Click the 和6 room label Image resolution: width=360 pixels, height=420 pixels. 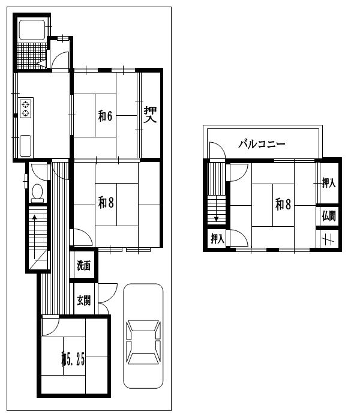105,116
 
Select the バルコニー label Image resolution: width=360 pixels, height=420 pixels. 262,144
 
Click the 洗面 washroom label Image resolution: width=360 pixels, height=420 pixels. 83,265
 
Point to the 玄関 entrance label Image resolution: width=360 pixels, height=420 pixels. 84,300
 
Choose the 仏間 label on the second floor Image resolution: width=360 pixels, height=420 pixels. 329,215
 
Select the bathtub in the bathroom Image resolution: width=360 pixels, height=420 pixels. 32,30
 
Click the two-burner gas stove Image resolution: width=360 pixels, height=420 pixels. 25,109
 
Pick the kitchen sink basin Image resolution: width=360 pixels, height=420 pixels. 25,145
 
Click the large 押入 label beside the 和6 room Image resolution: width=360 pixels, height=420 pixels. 150,115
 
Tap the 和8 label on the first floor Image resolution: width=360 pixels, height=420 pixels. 106,203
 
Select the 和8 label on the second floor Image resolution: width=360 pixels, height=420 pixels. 283,205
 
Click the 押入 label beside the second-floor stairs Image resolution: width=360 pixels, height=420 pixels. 217,238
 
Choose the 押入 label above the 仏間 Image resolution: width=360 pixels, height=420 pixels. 329,183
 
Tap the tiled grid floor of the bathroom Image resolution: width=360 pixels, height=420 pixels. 32,56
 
